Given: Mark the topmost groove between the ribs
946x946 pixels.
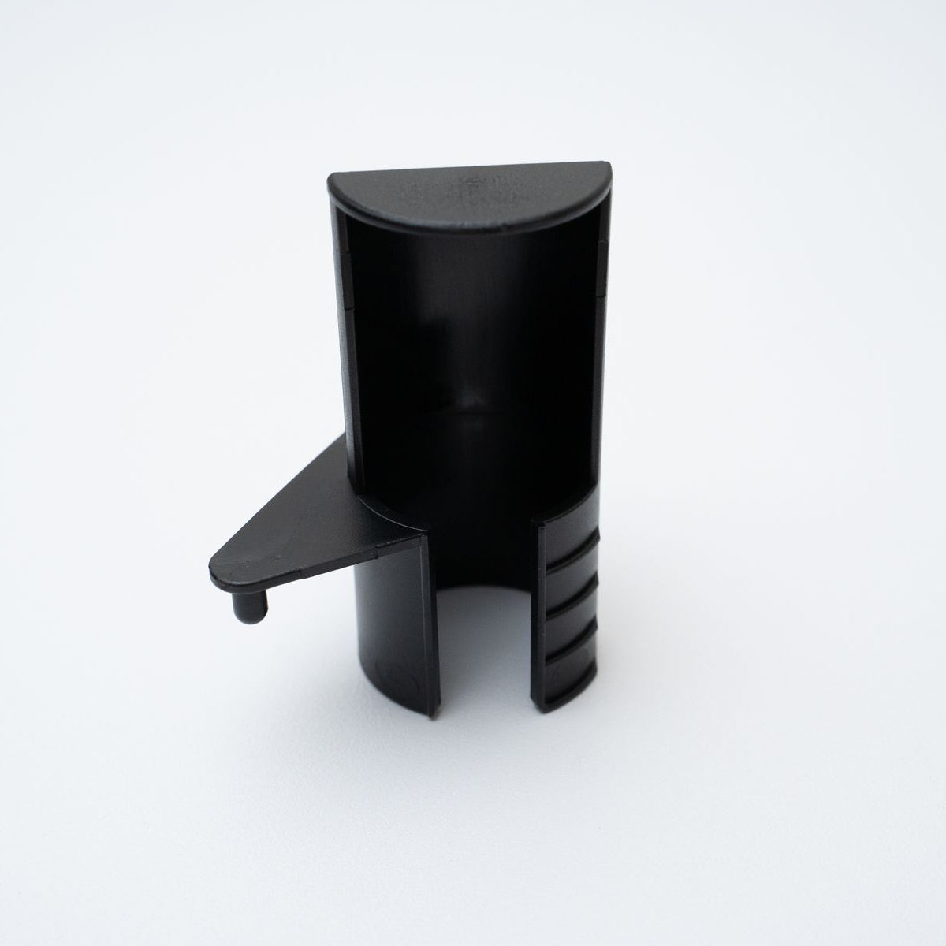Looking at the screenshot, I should pyautogui.click(x=573, y=556).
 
